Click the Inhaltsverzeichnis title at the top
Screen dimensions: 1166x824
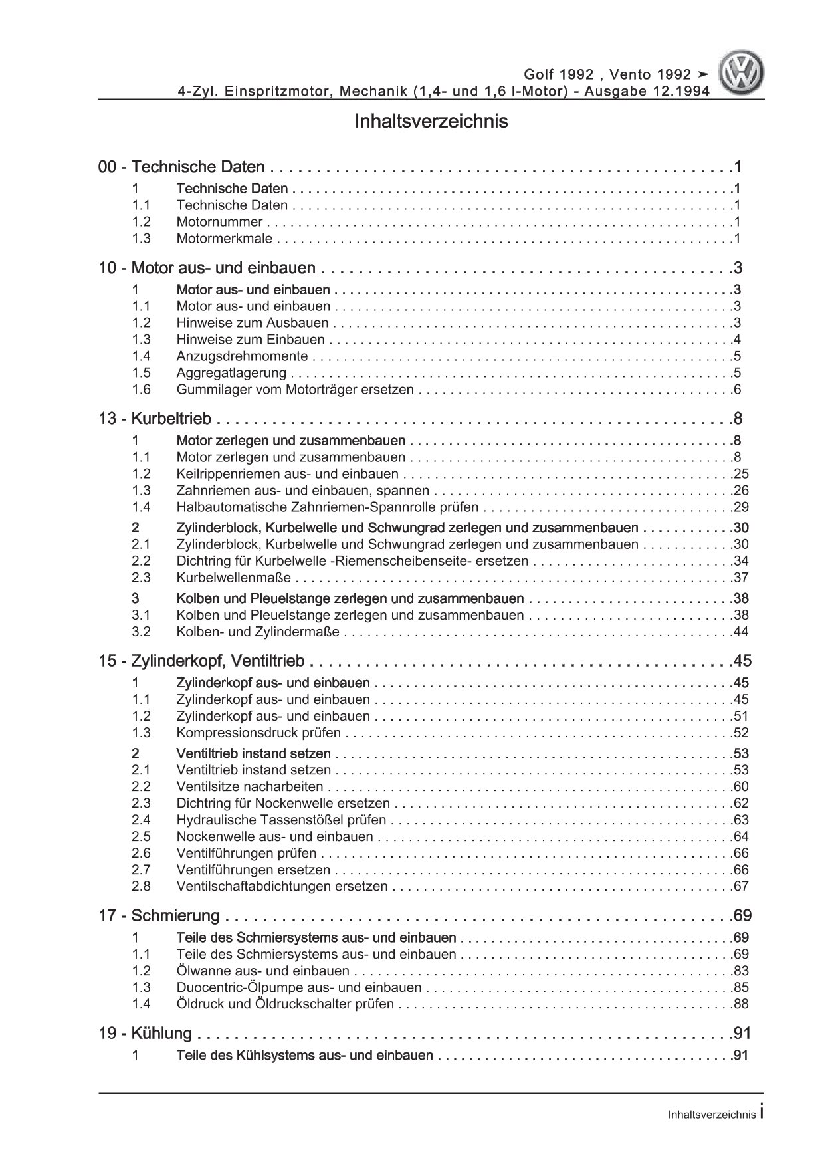click(431, 122)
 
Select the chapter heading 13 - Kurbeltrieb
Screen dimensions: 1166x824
click(155, 419)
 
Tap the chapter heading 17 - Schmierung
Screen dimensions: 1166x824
click(159, 915)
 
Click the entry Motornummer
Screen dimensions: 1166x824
click(219, 222)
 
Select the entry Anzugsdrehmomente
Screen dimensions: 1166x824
click(242, 356)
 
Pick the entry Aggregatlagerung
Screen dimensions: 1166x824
click(231, 373)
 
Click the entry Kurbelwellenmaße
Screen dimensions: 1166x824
click(234, 578)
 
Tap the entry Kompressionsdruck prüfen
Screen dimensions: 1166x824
click(258, 733)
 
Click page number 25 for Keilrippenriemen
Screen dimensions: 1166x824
click(740, 474)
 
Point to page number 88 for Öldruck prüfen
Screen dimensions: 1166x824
click(740, 1004)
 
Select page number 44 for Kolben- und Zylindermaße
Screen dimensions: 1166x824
click(740, 632)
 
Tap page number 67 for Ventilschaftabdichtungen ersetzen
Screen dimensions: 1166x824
click(740, 886)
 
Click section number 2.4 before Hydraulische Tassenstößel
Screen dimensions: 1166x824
click(141, 820)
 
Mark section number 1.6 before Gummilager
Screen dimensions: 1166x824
click(141, 390)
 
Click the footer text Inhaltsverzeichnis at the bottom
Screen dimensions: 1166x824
click(712, 1115)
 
